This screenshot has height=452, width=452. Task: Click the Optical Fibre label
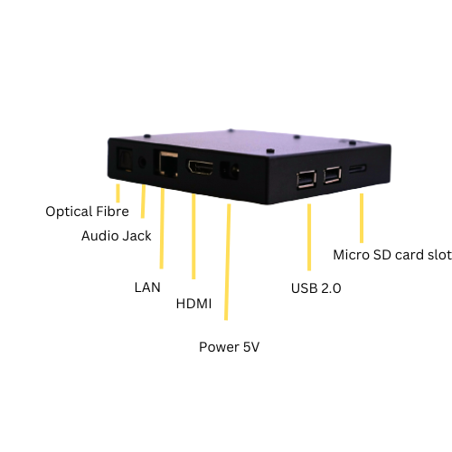(87, 212)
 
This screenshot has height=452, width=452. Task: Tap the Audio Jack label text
(117, 236)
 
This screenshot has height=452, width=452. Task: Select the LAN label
(147, 287)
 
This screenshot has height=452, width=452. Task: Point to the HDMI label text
(193, 304)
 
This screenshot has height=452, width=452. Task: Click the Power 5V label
(229, 347)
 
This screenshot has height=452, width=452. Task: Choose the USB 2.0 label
(315, 288)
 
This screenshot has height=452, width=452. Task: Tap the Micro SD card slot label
(392, 255)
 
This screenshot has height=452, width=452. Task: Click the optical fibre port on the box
(125, 160)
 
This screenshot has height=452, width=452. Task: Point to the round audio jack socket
(142, 163)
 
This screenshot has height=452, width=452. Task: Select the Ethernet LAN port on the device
(166, 164)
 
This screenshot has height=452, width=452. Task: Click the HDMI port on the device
(201, 167)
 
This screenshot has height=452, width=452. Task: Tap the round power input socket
(231, 171)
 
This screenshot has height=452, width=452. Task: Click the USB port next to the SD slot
(333, 174)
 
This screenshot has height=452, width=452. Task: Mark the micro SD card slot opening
(358, 168)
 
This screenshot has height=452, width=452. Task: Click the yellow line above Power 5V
(228, 262)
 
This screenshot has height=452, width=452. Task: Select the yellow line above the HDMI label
(193, 237)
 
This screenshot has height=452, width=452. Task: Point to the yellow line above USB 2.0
(309, 238)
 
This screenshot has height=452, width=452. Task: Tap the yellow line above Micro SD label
(362, 218)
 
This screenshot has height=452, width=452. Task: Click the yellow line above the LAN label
(162, 229)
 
